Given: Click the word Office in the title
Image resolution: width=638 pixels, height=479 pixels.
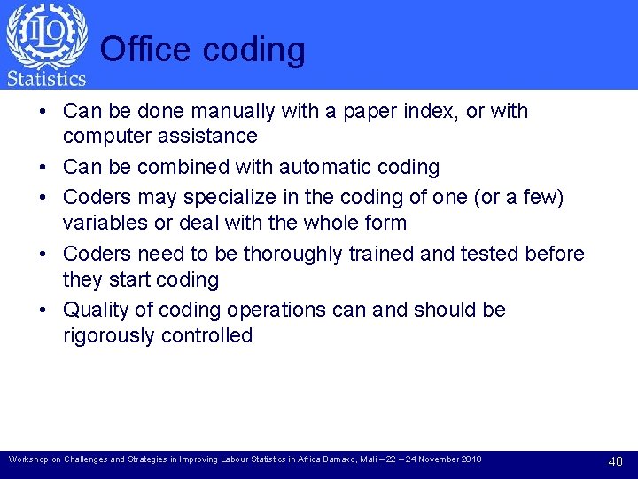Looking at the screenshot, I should pos(146,50).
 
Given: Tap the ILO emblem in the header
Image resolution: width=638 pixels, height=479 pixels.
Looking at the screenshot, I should pos(46,35).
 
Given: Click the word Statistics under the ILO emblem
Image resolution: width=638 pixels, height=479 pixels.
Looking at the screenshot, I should pos(46,79).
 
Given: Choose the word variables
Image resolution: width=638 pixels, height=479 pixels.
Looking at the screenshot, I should pos(104,223).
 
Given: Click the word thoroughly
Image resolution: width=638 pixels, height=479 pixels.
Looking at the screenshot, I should pos(296,254).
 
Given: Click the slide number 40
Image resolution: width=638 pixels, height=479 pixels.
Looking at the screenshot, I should pos(616,461).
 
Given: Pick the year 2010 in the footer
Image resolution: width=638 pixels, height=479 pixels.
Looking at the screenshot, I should pos(469,459).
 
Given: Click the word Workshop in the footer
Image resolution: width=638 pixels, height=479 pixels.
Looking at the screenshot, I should pos(25,459).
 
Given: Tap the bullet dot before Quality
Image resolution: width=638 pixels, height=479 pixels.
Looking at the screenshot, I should pos(43,310).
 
